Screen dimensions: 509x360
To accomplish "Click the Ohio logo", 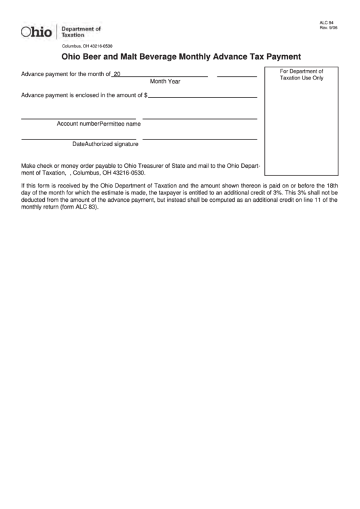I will [x=36, y=32].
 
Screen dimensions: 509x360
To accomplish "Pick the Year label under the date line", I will [x=175, y=82].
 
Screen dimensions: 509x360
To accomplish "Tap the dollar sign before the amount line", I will [x=145, y=95].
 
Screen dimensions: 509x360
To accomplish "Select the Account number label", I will [x=78, y=124].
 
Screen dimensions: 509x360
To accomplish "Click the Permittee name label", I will [x=120, y=124].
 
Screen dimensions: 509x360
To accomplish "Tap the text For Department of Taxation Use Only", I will [x=302, y=74].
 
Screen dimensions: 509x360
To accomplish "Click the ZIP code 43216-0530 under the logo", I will [x=99, y=46].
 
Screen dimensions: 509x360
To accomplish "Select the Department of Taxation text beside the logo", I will [x=81, y=31].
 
